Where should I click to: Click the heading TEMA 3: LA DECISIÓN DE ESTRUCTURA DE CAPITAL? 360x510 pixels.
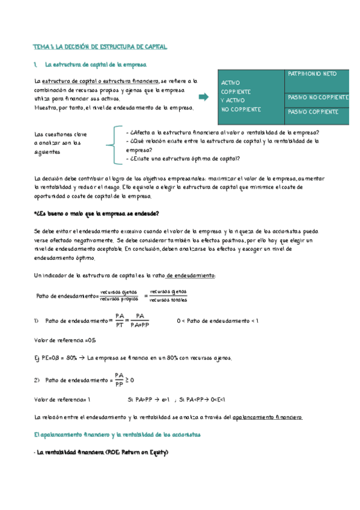pos(100,46)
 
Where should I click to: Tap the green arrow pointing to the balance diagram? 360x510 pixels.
pos(203,96)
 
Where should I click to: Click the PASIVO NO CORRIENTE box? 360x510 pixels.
pos(318,97)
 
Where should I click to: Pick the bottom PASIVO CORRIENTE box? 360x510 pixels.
pos(313,112)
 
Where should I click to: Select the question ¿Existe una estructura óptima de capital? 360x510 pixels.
pos(184,159)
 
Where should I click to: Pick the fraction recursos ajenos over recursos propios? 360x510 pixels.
pos(119,296)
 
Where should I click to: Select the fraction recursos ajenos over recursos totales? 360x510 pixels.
pos(168,296)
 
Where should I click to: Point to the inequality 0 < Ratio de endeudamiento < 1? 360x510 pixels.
pos(218,321)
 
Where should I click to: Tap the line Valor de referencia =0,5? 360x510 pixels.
pos(57,340)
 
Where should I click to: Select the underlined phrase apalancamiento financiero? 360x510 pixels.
pos(267,417)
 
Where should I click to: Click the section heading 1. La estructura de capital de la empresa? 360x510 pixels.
pos(90,64)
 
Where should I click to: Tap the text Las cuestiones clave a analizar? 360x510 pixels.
pos(61,143)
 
